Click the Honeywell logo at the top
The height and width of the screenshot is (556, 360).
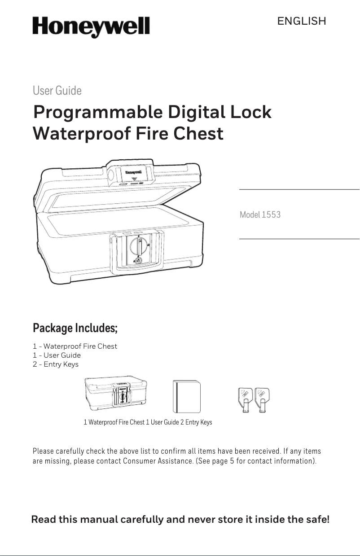91,27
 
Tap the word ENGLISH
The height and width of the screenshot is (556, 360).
302,21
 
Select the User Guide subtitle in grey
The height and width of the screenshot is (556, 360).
57,90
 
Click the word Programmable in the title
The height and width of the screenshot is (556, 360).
98,113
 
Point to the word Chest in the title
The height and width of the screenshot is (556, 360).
198,134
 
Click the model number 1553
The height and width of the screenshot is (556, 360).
271,215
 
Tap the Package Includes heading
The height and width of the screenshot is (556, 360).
75,328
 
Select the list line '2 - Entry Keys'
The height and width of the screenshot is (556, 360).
56,364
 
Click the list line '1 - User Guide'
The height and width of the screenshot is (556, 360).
57,355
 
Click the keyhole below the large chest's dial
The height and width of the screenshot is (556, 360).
138,261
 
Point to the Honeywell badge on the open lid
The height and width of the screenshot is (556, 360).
133,172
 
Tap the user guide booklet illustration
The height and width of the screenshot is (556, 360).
186,396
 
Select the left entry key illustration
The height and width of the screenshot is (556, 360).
245,400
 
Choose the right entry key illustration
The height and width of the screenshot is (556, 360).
262,400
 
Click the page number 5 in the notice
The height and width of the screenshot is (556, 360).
232,461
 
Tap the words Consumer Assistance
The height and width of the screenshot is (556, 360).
158,461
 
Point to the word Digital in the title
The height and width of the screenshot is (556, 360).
197,113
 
